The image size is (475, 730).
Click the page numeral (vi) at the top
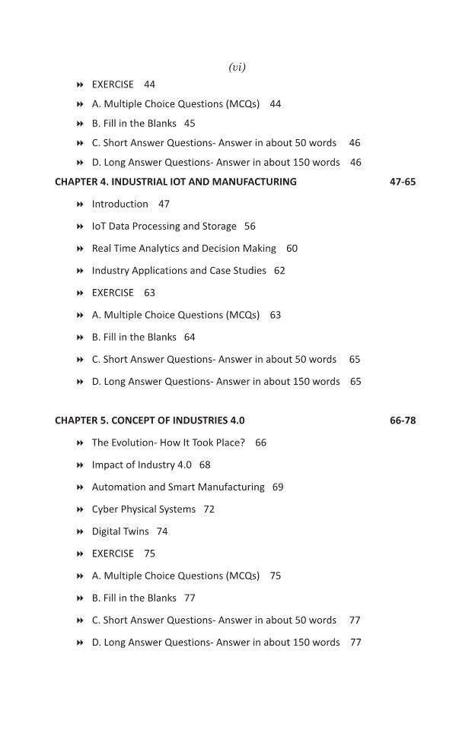[237, 68]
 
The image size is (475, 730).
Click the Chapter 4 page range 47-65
[403, 182]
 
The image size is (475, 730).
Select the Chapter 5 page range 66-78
[403, 421]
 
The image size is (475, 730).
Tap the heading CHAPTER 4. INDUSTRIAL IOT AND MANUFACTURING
[176, 182]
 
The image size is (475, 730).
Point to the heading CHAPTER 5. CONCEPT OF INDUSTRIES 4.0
[150, 421]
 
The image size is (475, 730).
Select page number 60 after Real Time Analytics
[292, 249]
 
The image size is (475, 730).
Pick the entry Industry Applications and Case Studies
[179, 271]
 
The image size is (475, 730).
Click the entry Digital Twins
[120, 532]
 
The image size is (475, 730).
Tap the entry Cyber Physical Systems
[144, 509]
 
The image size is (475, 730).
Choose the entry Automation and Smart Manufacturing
[178, 487]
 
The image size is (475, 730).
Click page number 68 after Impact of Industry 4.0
[205, 465]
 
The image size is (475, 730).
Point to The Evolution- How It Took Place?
[168, 443]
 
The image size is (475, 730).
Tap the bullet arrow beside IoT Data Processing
[80, 227]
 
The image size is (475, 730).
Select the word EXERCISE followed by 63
[113, 293]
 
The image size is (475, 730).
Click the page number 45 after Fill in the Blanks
[190, 124]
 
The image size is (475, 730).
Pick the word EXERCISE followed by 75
[113, 554]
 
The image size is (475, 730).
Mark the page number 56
[250, 227]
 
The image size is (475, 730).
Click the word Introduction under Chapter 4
[120, 205]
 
